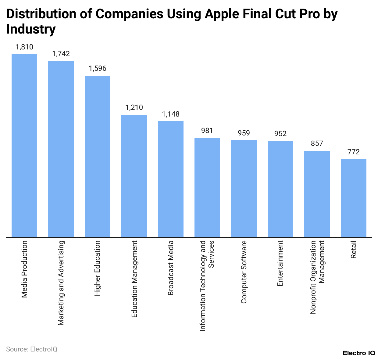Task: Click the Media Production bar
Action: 24,146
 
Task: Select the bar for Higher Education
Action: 98,157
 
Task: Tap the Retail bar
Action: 354,198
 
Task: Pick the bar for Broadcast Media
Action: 171,179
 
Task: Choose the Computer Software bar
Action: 244,189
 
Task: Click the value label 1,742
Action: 61,54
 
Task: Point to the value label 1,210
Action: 134,107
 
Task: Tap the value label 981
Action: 207,131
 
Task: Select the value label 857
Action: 317,143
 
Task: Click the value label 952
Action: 280,134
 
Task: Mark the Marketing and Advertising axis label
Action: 61,283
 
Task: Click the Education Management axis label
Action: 134,279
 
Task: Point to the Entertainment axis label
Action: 280,263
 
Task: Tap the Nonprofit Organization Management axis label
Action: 317,277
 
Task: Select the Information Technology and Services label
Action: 207,286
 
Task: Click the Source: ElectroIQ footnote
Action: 32,349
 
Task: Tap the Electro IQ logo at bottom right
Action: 359,353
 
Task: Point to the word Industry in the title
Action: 31,29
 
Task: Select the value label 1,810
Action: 24,47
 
